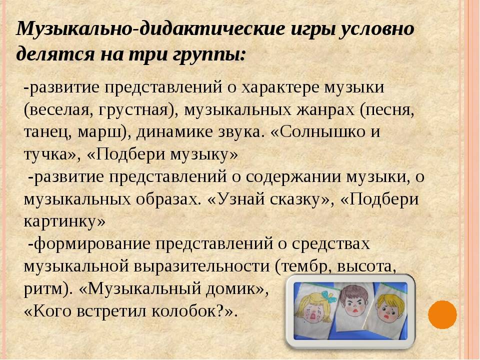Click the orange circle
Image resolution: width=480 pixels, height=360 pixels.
tap(442, 314)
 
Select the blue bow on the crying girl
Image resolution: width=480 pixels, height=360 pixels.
tap(329, 296)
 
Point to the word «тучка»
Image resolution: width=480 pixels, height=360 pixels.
tap(45, 154)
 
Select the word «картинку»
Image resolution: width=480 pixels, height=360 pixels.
tap(60, 221)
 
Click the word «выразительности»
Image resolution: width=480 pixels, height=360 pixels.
tap(201, 266)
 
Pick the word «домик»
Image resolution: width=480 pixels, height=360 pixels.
tap(230, 288)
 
